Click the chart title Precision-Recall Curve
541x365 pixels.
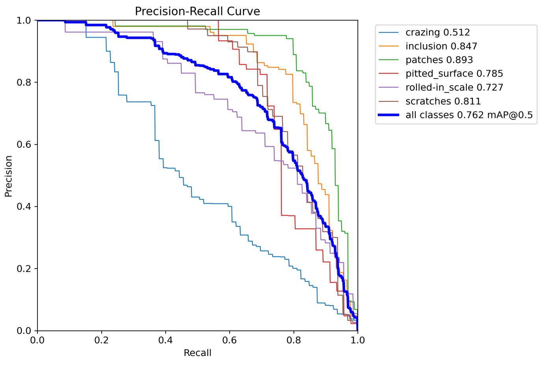point(197,11)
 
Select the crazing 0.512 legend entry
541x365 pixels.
point(437,32)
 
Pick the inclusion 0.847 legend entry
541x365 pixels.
point(441,46)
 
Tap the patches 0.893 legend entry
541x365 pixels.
point(439,60)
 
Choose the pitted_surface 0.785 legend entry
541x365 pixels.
point(454,74)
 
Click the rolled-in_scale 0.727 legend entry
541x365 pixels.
point(454,88)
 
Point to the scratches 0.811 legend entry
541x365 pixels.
point(443,101)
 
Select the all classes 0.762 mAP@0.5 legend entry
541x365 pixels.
point(469,115)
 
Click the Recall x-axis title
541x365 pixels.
point(197,353)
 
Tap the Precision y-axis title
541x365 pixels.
point(9,176)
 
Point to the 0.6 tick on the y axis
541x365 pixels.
point(24,145)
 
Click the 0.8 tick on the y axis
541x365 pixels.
point(24,82)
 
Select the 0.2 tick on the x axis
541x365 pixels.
point(102,340)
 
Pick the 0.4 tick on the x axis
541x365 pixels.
point(165,340)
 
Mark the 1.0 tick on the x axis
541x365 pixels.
point(357,340)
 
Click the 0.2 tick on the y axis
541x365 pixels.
point(24,269)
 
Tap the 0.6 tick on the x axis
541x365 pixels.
point(230,340)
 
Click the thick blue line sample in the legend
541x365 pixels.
point(389,115)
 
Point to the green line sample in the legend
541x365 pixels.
point(389,60)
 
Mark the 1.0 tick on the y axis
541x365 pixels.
point(24,20)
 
